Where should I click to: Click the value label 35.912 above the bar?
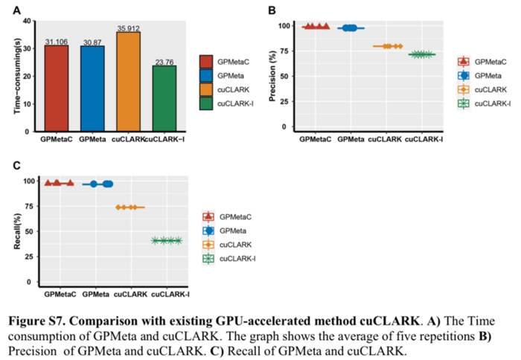[x=128, y=28]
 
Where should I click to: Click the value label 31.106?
[x=57, y=42]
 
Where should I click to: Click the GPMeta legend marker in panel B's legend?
[x=464, y=75]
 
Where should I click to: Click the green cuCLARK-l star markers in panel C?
[x=167, y=240]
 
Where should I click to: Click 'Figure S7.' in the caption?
[x=38, y=321]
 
